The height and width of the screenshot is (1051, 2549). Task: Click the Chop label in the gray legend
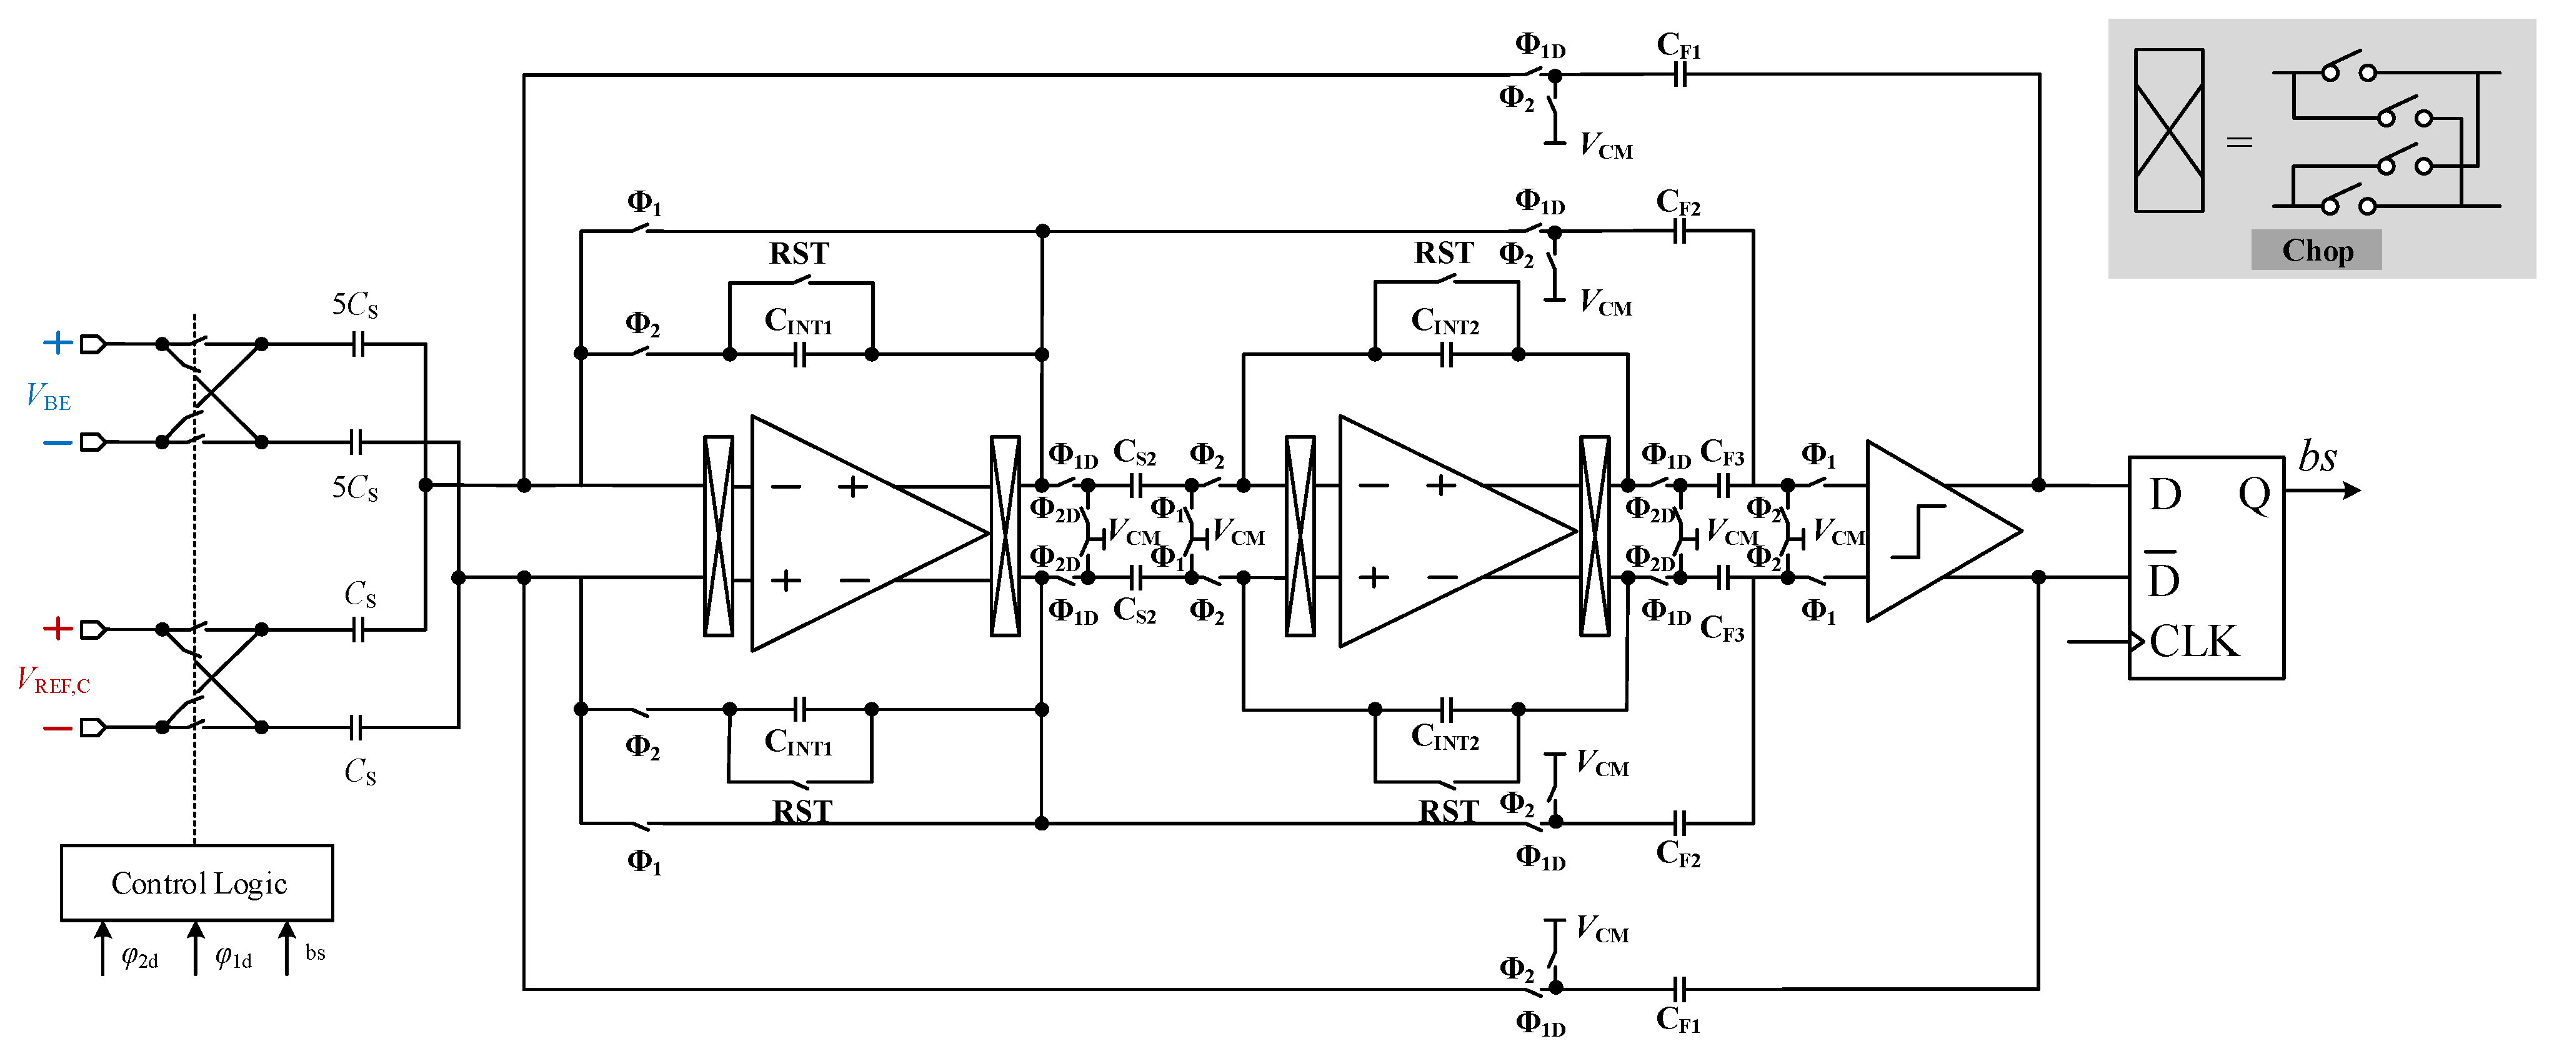[2317, 251]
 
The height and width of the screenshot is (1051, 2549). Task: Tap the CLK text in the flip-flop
[2193, 641]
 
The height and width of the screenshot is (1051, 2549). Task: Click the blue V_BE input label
[47, 397]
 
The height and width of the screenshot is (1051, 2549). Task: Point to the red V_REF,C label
[54, 681]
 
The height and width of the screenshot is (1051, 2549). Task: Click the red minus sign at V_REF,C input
[57, 729]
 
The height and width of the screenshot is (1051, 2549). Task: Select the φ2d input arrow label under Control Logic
[139, 958]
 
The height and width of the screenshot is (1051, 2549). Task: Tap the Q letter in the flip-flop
[2254, 494]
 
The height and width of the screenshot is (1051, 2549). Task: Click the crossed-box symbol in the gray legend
[2168, 131]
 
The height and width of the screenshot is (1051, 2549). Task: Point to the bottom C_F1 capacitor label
[1679, 1019]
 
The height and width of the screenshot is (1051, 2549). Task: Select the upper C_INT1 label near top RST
[797, 322]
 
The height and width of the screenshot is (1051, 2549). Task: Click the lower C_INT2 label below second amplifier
[1445, 737]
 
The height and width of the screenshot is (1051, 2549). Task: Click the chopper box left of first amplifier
[719, 535]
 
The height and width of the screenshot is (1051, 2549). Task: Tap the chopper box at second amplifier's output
[1594, 535]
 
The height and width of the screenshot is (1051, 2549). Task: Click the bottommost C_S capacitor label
[359, 772]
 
